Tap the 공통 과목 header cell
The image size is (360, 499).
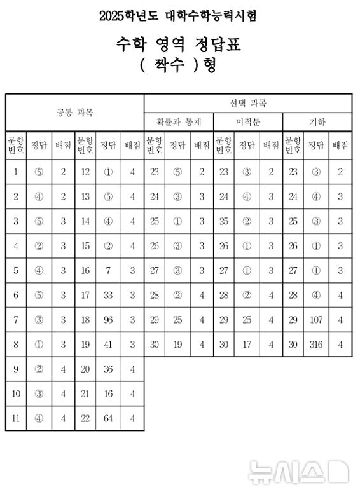tap(75, 113)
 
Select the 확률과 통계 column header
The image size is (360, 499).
tap(179, 121)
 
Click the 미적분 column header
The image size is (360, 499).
tap(247, 121)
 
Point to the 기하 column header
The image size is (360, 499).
tap(317, 121)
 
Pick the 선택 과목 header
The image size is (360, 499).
tap(248, 103)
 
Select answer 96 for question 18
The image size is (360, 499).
tap(108, 320)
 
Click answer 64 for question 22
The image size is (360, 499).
tap(108, 419)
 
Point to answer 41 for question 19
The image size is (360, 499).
tap(108, 345)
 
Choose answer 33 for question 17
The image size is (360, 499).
tap(108, 296)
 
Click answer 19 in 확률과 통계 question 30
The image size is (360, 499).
tap(177, 345)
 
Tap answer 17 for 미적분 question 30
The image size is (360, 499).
tap(247, 345)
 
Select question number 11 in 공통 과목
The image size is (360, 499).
tap(16, 419)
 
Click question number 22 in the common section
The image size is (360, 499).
tap(85, 419)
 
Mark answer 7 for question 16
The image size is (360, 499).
tap(108, 271)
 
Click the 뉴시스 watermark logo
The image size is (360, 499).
tap(298, 472)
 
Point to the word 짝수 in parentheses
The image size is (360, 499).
tap(178, 65)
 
